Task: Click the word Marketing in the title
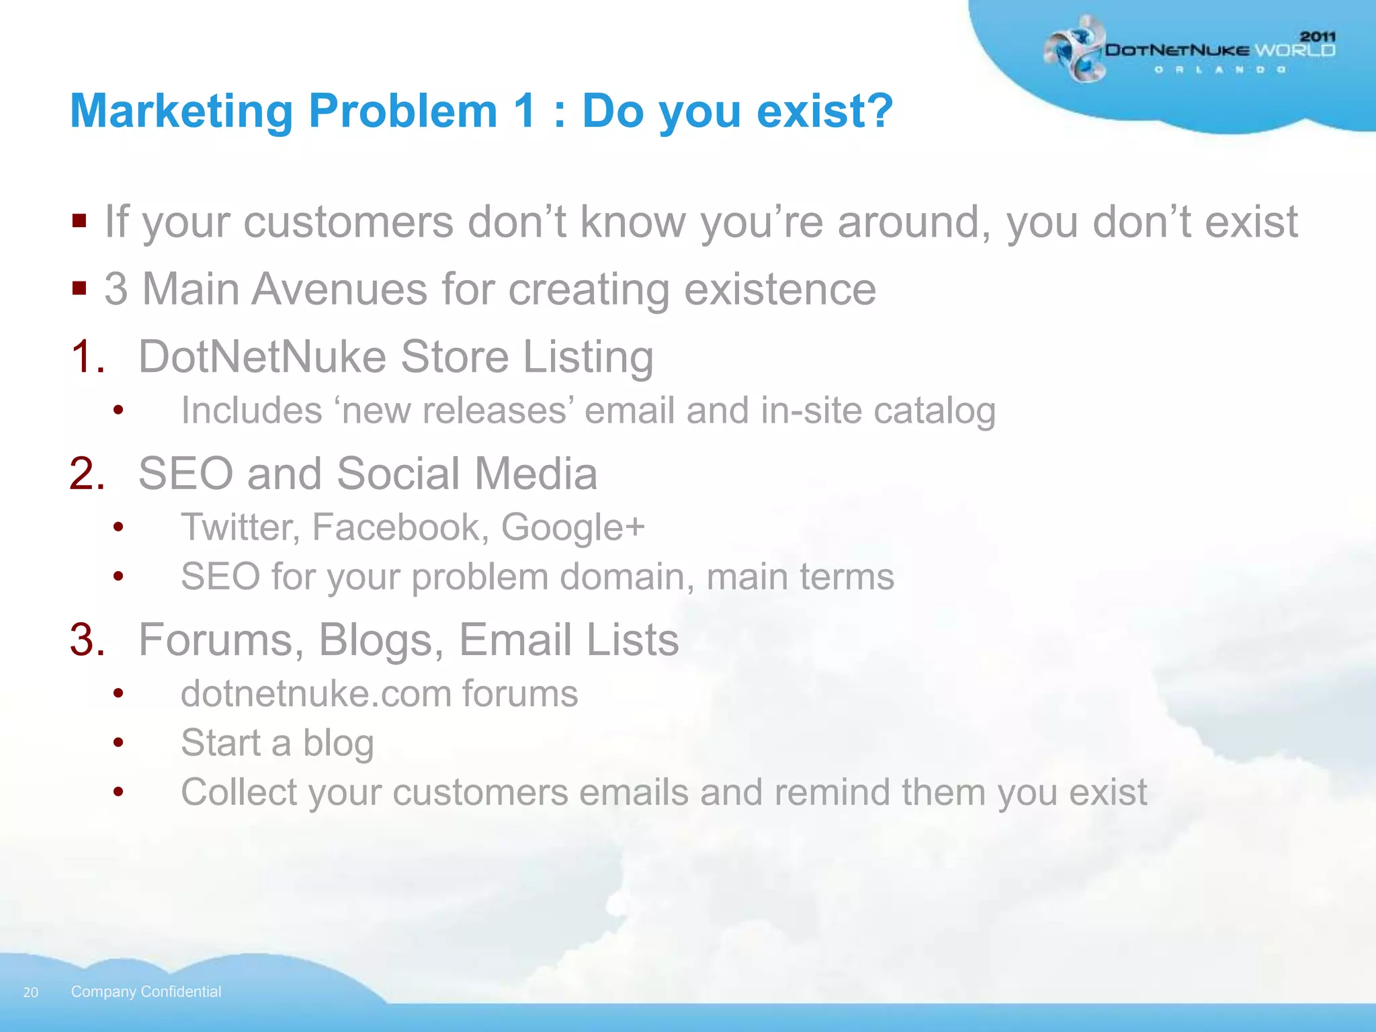click(181, 112)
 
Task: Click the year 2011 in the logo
click(1318, 36)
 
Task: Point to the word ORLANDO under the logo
click(1219, 70)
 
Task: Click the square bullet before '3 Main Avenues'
click(79, 288)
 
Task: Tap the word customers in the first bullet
click(348, 222)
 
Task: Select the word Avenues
click(339, 290)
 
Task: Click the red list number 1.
click(87, 357)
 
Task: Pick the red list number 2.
click(87, 474)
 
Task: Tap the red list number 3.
click(87, 640)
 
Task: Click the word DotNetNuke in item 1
click(262, 357)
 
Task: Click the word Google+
click(572, 527)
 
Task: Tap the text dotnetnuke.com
click(316, 694)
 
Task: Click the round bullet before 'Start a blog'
click(118, 743)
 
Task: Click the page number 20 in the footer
click(31, 992)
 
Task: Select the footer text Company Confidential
click(146, 992)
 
